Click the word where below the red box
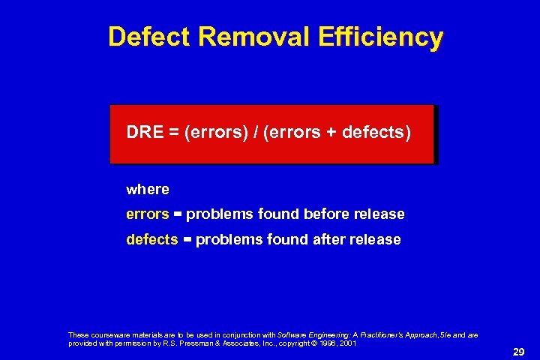(x=148, y=190)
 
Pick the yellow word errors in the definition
(x=147, y=214)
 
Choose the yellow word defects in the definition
(x=151, y=240)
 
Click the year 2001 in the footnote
(x=346, y=343)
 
